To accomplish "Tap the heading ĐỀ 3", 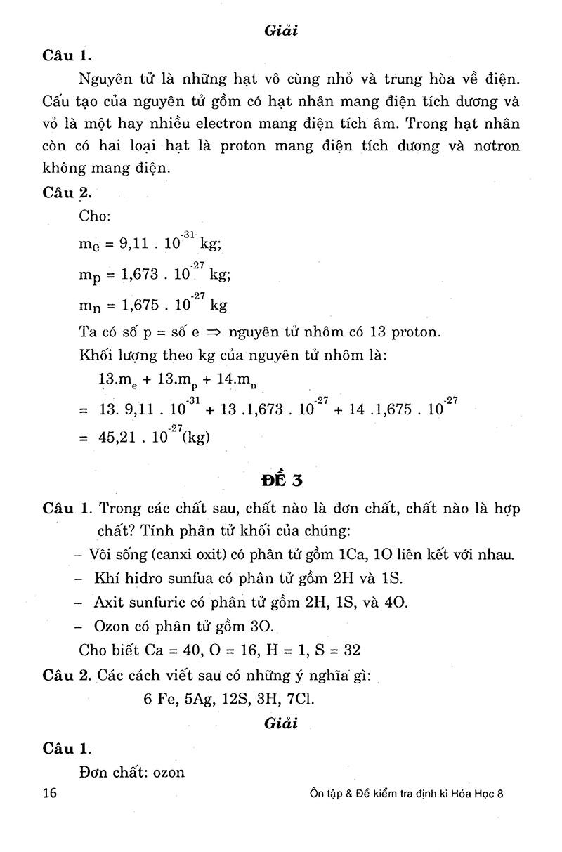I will tap(280, 480).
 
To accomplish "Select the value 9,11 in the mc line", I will tap(138, 245).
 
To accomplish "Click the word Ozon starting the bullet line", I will tap(112, 626).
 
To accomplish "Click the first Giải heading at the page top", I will tap(280, 31).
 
